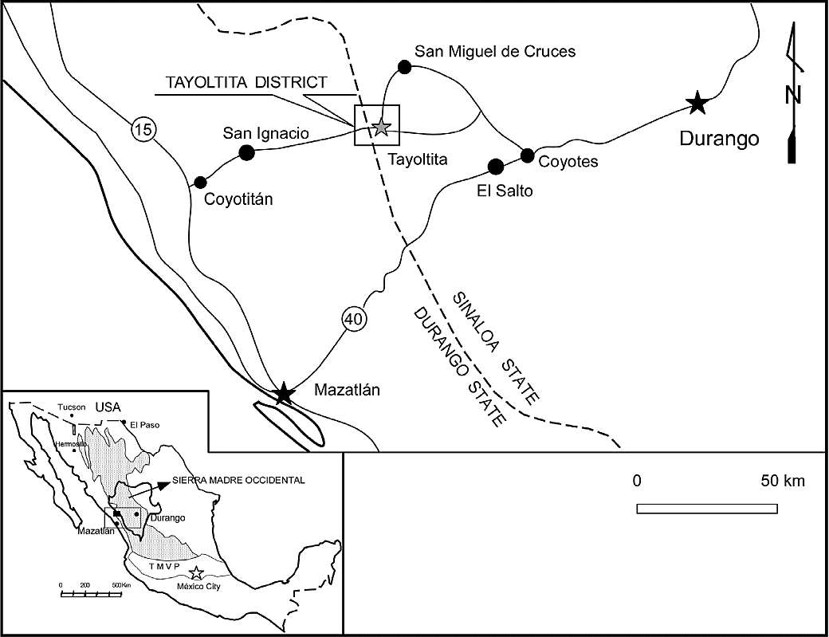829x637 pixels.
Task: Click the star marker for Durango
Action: click(x=697, y=102)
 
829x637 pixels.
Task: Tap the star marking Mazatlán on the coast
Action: click(x=283, y=393)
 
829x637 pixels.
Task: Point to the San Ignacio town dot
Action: click(x=246, y=152)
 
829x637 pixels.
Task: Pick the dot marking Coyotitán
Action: click(x=200, y=182)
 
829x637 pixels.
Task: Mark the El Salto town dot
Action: click(x=495, y=166)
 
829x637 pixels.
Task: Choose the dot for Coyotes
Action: click(x=527, y=155)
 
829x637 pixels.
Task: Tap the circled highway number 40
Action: click(x=354, y=319)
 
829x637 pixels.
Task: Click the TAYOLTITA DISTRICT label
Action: click(x=246, y=82)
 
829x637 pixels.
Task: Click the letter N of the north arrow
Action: click(x=793, y=95)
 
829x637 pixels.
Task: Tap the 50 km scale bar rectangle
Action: click(x=707, y=508)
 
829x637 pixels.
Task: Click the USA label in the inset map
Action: click(x=107, y=407)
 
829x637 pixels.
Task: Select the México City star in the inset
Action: click(x=197, y=572)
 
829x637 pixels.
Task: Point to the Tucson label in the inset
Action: click(x=69, y=407)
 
